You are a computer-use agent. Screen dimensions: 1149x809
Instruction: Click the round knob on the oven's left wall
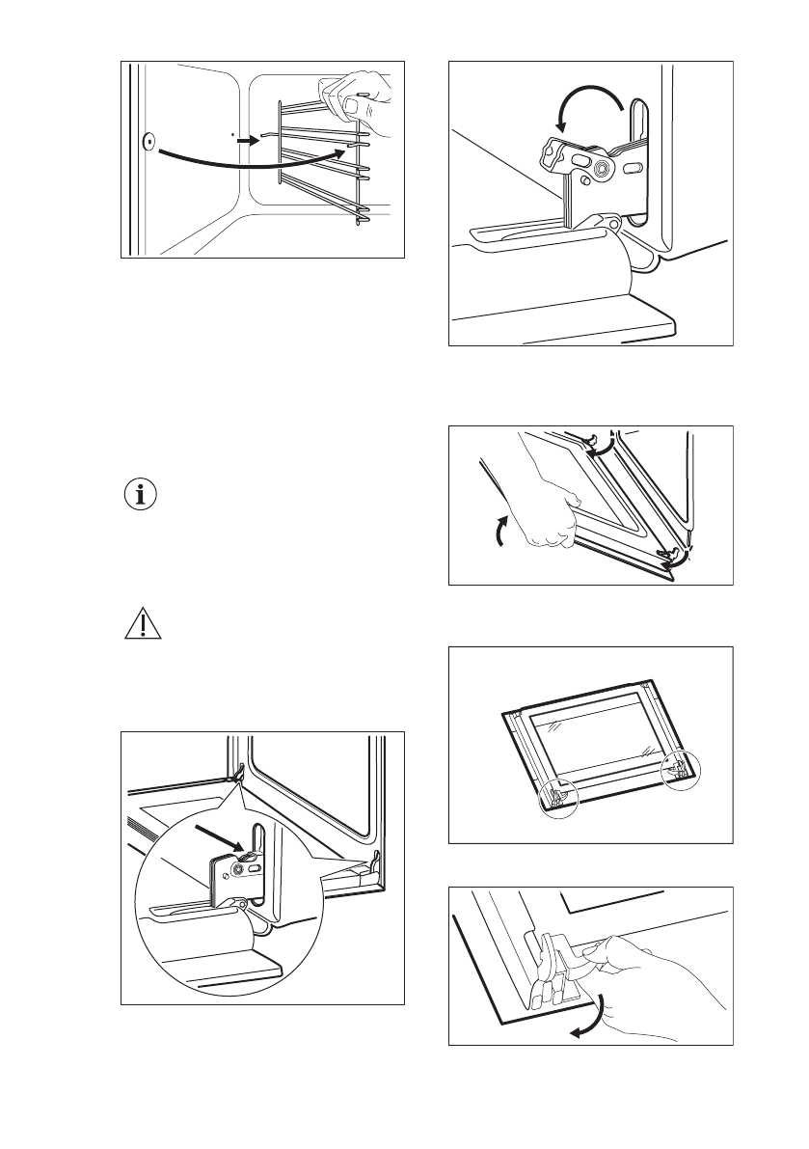point(148,141)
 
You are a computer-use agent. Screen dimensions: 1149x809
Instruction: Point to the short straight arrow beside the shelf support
point(247,140)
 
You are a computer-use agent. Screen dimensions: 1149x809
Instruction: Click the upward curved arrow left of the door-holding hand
point(499,531)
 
